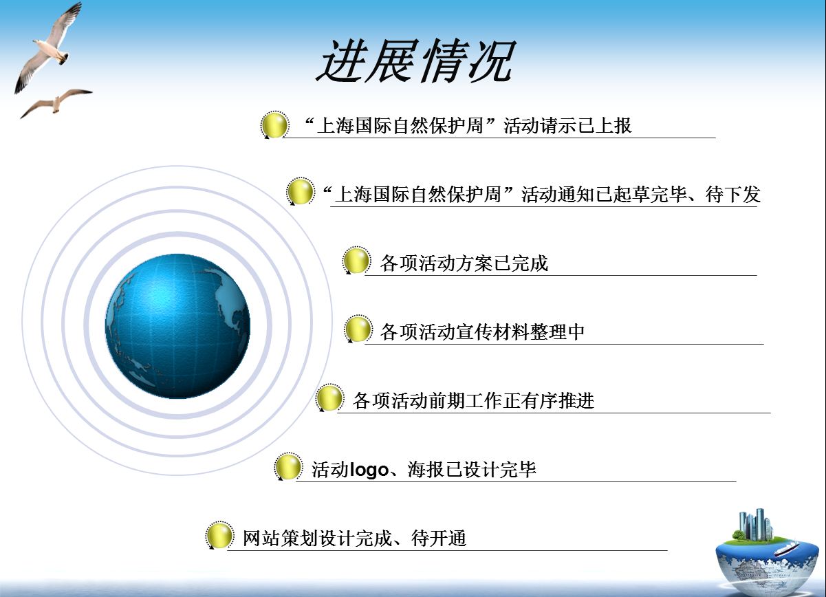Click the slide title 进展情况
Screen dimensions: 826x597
[415, 61]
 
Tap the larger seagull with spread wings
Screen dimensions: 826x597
[48, 48]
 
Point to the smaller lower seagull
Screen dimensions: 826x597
[56, 103]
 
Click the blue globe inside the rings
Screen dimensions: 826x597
[177, 326]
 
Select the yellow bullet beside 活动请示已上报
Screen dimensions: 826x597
[274, 125]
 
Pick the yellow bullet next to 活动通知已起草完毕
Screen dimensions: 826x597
[301, 191]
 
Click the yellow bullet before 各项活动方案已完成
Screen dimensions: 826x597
[356, 261]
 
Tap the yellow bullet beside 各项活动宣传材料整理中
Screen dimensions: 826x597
[358, 329]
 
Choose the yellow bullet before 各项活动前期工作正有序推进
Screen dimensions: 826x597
[329, 398]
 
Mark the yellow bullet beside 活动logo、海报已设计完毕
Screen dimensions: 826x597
[288, 467]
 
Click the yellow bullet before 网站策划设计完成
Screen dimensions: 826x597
[219, 535]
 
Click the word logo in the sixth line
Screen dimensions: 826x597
[369, 470]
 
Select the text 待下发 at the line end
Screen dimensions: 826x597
[733, 195]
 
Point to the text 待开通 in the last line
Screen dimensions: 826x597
[439, 539]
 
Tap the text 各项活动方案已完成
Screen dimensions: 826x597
[464, 263]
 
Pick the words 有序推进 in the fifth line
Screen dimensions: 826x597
[558, 401]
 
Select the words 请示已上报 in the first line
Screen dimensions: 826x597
[586, 126]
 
